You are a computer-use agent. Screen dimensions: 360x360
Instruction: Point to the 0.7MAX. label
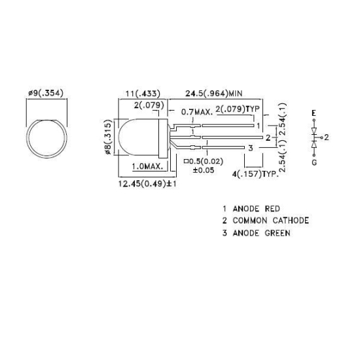pyautogui.click(x=197, y=112)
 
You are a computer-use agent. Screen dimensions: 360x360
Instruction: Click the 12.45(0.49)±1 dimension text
pyautogui.click(x=148, y=185)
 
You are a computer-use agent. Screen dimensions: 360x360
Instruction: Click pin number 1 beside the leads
pyautogui.click(x=259, y=126)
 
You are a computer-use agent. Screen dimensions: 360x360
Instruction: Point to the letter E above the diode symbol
pyautogui.click(x=314, y=113)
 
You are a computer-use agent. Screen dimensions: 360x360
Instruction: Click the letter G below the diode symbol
pyautogui.click(x=314, y=162)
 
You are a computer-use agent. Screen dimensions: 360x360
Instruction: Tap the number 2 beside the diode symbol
pyautogui.click(x=326, y=137)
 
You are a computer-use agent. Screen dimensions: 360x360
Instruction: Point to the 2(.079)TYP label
pyautogui.click(x=238, y=108)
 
